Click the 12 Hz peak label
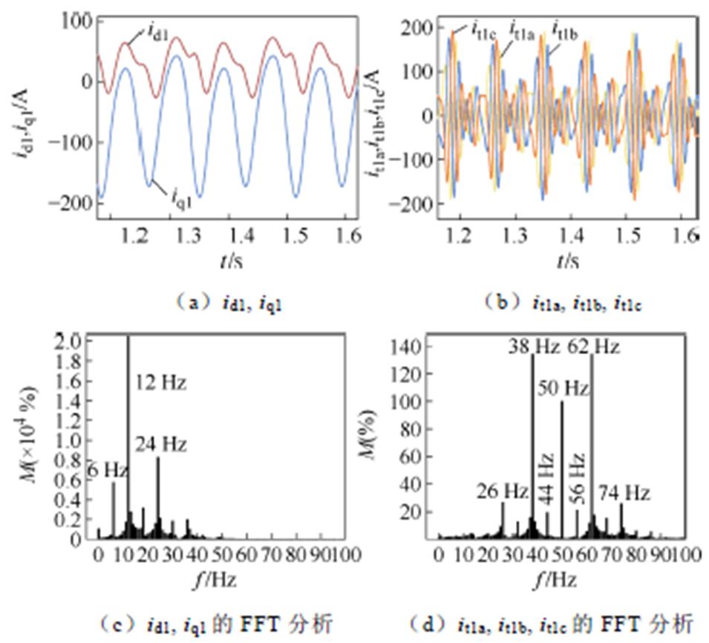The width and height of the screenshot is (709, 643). point(161,384)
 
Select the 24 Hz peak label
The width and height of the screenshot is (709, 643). point(161,444)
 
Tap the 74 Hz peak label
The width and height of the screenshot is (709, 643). point(624,492)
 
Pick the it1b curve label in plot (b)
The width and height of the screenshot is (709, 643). point(566,30)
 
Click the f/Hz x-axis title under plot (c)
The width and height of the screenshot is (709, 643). point(218,578)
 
